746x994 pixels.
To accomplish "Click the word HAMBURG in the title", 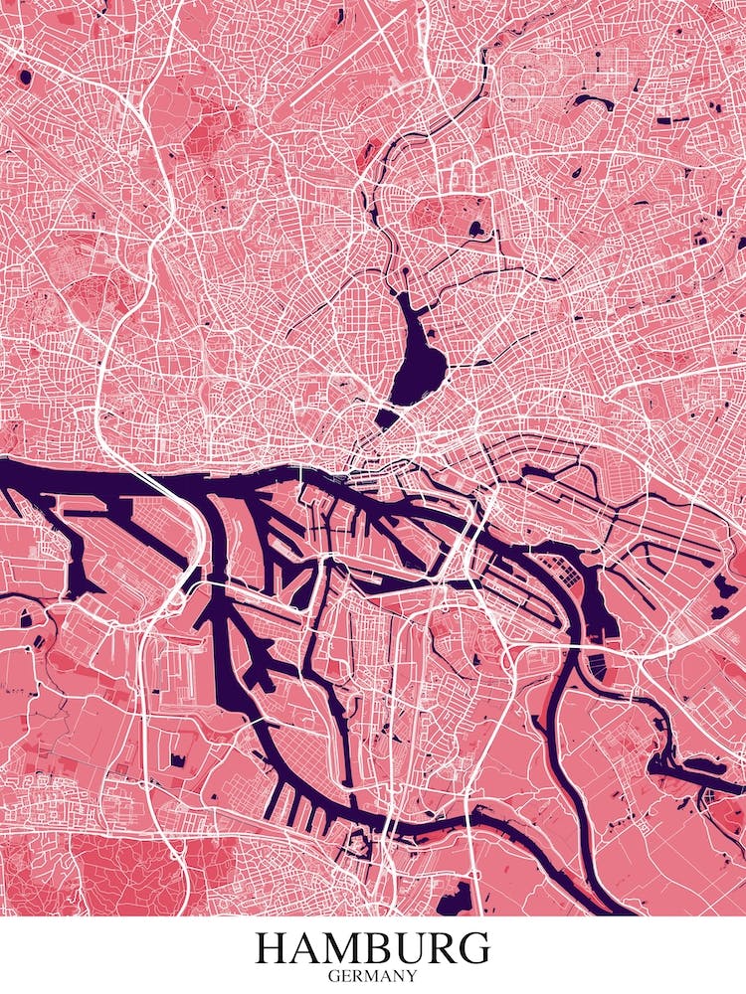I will pyautogui.click(x=373, y=947).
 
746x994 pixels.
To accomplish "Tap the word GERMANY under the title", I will pyautogui.click(x=373, y=976).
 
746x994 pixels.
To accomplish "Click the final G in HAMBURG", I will pyautogui.click(x=474, y=947).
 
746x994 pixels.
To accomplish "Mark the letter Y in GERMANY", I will pyautogui.click(x=409, y=976).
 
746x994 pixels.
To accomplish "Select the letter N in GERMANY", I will pyautogui.click(x=395, y=976).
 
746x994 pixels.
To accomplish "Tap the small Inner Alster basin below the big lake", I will pyautogui.click(x=387, y=417).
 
